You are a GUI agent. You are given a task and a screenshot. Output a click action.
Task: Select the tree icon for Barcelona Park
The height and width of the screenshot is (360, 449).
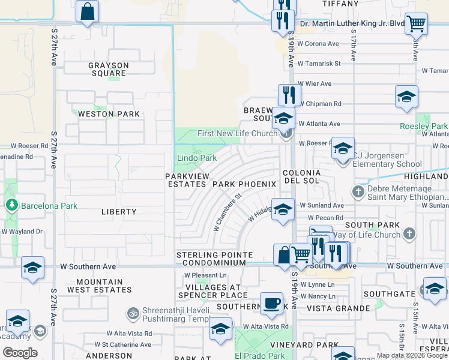[x=11, y=206]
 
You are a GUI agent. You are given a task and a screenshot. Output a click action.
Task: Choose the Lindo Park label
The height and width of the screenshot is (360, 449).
[x=196, y=158]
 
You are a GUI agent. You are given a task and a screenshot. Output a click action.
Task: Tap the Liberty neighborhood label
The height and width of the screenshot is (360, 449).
[x=119, y=212]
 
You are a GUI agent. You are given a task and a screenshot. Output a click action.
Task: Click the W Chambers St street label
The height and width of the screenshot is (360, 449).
[x=228, y=211]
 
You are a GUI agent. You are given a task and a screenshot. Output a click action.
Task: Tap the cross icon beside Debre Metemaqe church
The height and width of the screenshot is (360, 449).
[x=358, y=192]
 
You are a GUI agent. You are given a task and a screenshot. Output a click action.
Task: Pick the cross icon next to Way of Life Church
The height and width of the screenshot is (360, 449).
[x=409, y=233]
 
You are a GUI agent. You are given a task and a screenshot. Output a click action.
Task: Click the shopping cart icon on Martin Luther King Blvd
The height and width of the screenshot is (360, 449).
[x=415, y=23]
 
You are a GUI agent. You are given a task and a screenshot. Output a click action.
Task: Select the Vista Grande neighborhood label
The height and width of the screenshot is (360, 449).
[x=338, y=308]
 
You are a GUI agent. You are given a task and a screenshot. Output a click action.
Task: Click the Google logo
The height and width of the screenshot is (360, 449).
[x=20, y=353]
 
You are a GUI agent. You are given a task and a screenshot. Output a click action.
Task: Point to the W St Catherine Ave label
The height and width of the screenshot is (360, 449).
[x=123, y=345]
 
